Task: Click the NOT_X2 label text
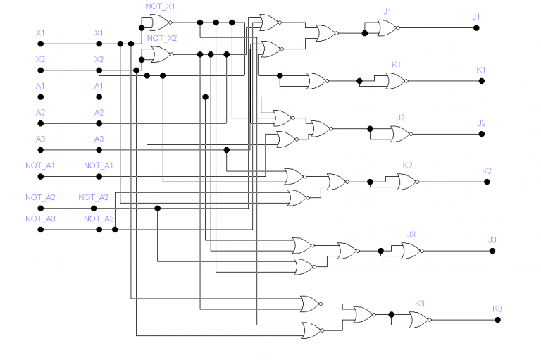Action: pyautogui.click(x=161, y=37)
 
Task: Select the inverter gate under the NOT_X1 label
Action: pyautogui.click(x=158, y=25)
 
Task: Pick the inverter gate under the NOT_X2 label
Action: pyautogui.click(x=159, y=54)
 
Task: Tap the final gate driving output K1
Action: pyautogui.click(x=395, y=81)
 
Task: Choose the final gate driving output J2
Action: pyautogui.click(x=401, y=134)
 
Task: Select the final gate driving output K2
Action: pyautogui.click(x=406, y=182)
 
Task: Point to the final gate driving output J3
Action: pyautogui.click(x=411, y=249)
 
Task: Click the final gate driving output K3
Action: pyautogui.click(x=420, y=320)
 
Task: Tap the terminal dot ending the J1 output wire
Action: pyautogui.click(x=476, y=27)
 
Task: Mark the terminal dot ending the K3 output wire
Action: pyautogui.click(x=497, y=320)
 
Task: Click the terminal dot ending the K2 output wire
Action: pyautogui.click(x=487, y=182)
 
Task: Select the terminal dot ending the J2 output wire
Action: pyautogui.click(x=482, y=134)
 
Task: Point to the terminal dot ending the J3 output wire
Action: pyautogui.click(x=492, y=250)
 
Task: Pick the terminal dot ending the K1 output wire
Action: pyautogui.click(x=482, y=81)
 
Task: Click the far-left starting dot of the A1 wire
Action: pyautogui.click(x=41, y=97)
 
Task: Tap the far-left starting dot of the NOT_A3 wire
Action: pyautogui.click(x=41, y=230)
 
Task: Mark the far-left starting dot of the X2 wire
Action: pyautogui.click(x=41, y=70)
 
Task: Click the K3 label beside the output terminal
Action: pyautogui.click(x=497, y=309)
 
